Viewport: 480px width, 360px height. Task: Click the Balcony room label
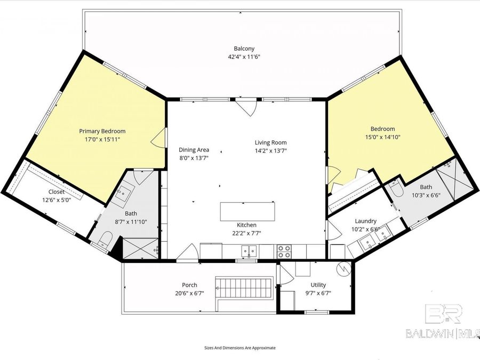tap(244, 49)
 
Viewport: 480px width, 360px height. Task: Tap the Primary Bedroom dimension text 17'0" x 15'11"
tap(102, 139)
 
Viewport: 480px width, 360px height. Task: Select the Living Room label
tap(270, 142)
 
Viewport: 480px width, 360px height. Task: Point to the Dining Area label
tap(194, 150)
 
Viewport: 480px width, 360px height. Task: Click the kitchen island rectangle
tap(247, 211)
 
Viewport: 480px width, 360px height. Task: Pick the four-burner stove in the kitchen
tap(284, 251)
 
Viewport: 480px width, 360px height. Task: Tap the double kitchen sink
tap(249, 251)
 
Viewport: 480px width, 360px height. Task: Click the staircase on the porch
tap(244, 288)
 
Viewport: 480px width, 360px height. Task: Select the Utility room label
tap(318, 285)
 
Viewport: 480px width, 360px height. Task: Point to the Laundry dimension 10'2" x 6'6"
tap(366, 229)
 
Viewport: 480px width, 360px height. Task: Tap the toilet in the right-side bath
tap(396, 189)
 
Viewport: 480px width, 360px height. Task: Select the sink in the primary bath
tap(125, 194)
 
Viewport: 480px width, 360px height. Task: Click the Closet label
tap(57, 192)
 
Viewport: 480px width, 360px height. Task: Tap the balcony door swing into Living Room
tap(247, 107)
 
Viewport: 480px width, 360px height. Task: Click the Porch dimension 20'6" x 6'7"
tap(189, 293)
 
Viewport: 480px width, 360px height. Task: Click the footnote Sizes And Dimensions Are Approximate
tap(240, 348)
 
